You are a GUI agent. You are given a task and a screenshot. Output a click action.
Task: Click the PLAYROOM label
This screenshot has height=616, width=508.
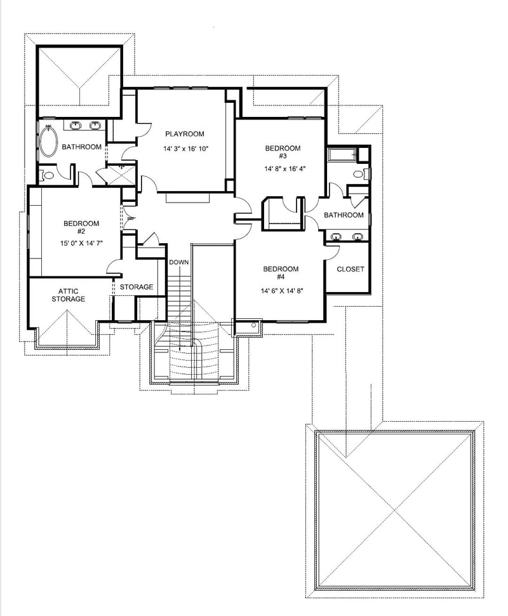click(185, 134)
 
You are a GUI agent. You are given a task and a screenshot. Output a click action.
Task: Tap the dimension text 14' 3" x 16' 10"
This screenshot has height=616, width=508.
click(185, 149)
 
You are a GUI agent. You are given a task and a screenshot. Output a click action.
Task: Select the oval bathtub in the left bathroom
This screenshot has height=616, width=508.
click(48, 142)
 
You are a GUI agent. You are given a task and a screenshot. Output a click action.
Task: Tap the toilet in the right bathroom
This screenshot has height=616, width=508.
click(359, 173)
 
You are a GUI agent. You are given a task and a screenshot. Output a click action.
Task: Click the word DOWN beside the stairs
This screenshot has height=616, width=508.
click(178, 262)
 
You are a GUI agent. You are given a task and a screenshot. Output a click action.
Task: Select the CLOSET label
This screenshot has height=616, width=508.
click(351, 269)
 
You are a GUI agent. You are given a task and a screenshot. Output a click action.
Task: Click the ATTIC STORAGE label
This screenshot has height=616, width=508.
click(68, 295)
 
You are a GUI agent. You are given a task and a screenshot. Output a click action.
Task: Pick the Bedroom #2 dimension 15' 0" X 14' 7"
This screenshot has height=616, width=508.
click(81, 243)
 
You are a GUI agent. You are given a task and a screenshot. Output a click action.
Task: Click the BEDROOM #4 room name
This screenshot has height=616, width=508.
click(281, 273)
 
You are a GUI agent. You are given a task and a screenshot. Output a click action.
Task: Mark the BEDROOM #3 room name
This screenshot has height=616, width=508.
click(283, 152)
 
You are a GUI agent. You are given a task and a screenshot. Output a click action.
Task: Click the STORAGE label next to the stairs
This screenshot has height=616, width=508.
click(137, 287)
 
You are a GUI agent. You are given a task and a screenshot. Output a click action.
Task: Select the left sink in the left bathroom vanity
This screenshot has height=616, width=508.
click(76, 126)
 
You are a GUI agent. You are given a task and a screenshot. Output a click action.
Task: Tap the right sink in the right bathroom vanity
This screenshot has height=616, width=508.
click(358, 237)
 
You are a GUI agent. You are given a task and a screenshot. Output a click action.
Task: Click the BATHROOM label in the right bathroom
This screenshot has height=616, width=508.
click(344, 215)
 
